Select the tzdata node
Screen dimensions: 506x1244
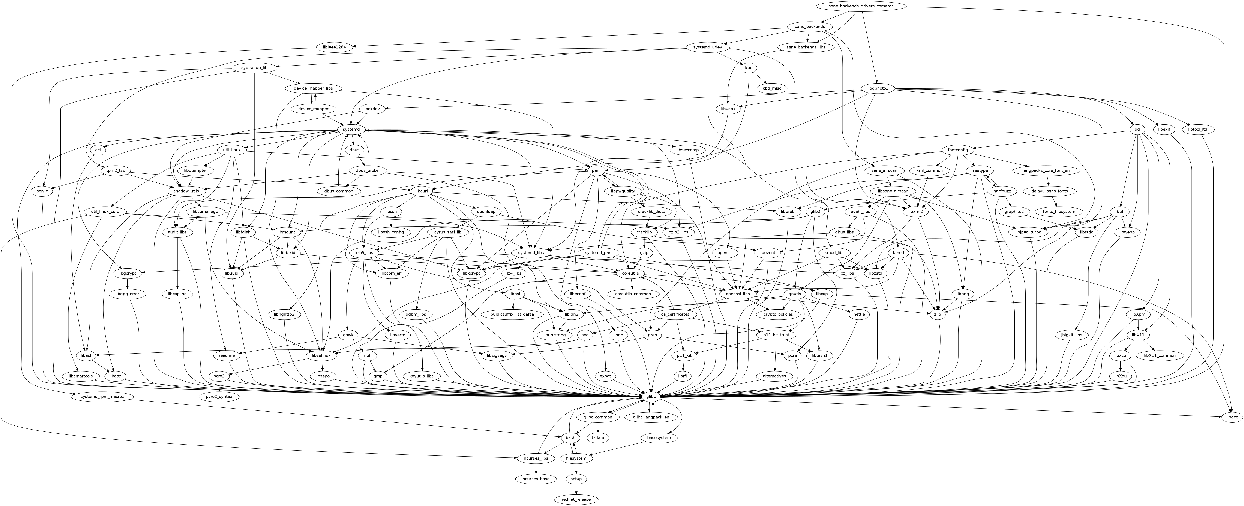[597, 437]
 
